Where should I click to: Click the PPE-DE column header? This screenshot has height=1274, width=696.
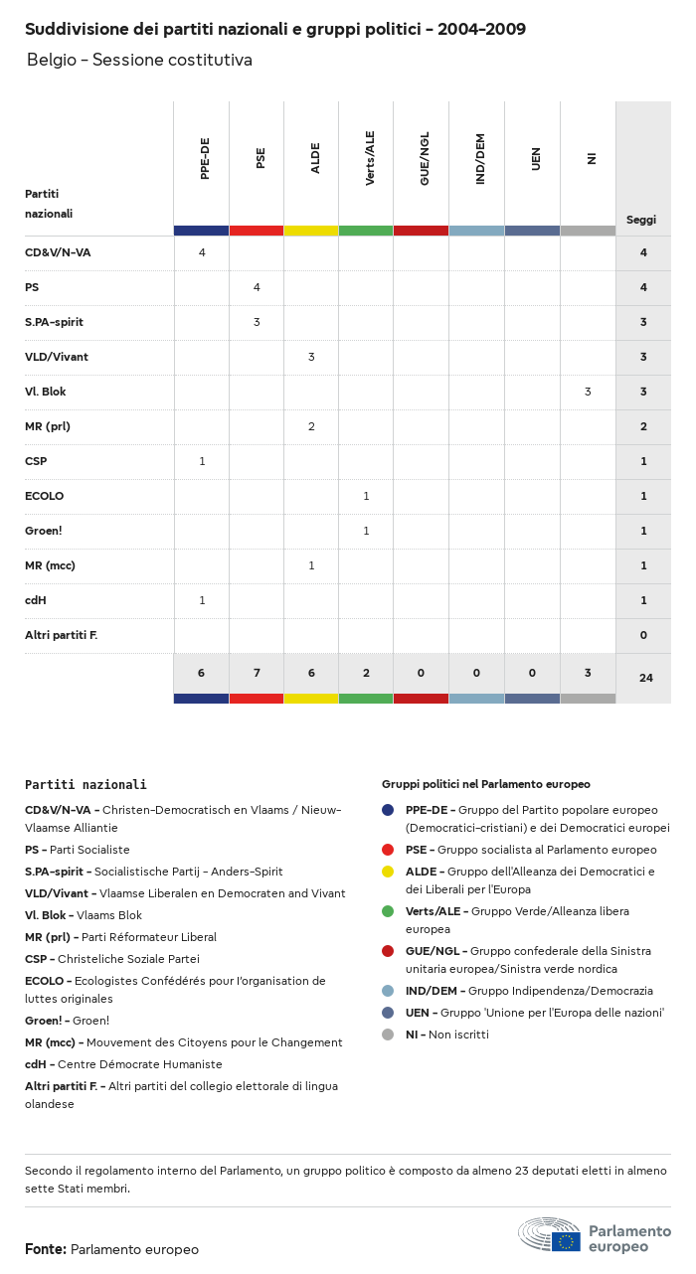click(205, 160)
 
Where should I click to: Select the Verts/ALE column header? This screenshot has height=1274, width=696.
click(370, 159)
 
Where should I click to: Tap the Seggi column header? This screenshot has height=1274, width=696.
click(641, 220)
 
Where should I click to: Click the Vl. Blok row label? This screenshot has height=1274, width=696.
click(46, 392)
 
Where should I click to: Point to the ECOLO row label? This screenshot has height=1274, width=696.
click(45, 496)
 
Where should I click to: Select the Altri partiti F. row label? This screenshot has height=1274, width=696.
click(61, 635)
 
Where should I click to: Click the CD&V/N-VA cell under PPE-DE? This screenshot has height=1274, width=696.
click(202, 252)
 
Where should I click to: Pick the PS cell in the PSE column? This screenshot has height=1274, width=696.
click(257, 287)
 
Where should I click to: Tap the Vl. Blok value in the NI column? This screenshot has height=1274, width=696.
click(588, 392)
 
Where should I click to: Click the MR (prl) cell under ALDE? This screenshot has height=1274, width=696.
click(311, 426)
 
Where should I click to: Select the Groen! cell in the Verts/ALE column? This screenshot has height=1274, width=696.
click(366, 531)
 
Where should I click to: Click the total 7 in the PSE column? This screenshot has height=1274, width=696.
click(257, 673)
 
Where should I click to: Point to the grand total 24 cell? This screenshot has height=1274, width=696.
click(646, 678)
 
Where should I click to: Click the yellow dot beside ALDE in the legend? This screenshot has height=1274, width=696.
click(388, 872)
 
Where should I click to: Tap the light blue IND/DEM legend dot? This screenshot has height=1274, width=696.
click(388, 991)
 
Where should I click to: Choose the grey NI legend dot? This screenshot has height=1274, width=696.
click(388, 1035)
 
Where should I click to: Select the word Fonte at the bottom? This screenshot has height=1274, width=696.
click(46, 1249)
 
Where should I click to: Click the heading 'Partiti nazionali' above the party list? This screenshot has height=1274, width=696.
click(86, 784)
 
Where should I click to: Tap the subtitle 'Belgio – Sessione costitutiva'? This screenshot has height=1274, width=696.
click(139, 60)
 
